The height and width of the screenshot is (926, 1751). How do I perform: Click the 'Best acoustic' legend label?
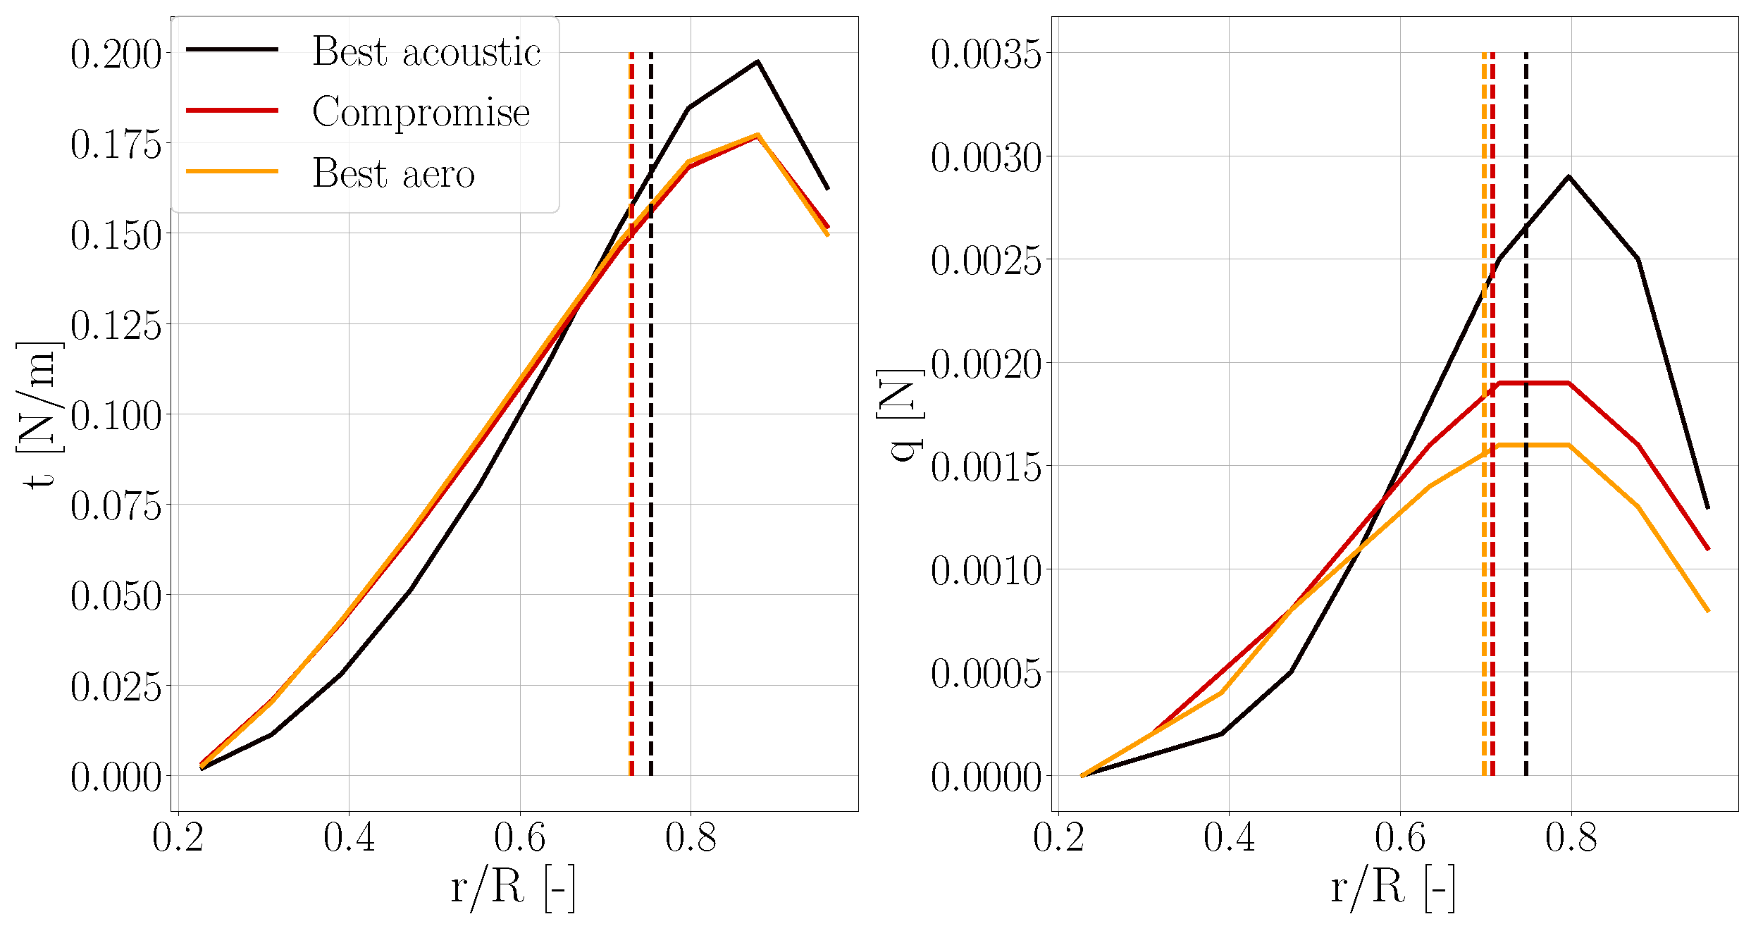(426, 52)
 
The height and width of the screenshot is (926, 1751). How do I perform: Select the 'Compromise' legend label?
(421, 113)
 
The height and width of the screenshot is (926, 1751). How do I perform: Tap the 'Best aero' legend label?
(393, 173)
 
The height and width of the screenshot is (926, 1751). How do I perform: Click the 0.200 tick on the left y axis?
(116, 55)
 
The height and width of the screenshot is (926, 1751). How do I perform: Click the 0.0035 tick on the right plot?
(985, 55)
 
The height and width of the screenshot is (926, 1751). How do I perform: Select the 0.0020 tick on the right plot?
(985, 365)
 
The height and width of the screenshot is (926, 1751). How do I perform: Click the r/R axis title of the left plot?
(514, 888)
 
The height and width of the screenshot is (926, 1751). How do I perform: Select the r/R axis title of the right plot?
(1393, 888)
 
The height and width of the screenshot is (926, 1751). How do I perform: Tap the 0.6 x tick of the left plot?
(520, 839)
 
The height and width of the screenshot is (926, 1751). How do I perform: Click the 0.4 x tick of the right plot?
(1229, 839)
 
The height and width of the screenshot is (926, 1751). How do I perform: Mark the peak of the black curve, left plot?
(757, 61)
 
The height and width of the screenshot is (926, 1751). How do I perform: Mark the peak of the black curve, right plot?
(1569, 176)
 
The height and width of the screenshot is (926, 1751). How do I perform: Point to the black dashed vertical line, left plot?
(650, 493)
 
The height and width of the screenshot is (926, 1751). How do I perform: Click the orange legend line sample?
(232, 171)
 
